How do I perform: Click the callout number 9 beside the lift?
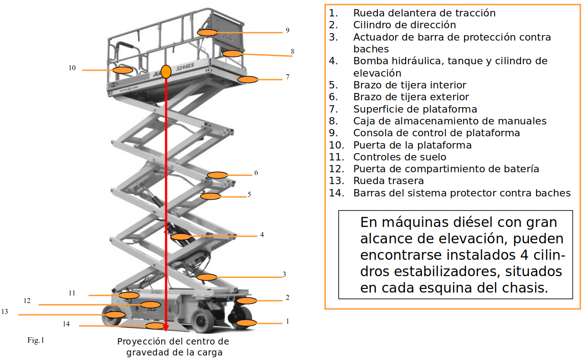(x=287, y=31)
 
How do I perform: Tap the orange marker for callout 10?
(x=123, y=70)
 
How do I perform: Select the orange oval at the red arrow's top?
(x=166, y=72)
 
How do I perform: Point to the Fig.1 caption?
(x=36, y=340)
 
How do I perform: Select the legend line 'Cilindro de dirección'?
(x=404, y=25)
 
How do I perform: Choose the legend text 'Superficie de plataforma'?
(x=415, y=109)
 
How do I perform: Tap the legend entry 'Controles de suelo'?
(x=400, y=157)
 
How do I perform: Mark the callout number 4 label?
(x=262, y=235)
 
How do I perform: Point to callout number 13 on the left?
(x=5, y=312)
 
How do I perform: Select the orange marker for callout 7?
(x=248, y=79)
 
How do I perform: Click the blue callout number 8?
(x=293, y=51)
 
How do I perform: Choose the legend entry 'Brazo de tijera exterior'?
(x=411, y=97)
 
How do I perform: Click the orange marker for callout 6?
(x=217, y=175)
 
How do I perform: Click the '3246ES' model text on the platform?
(x=185, y=67)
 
